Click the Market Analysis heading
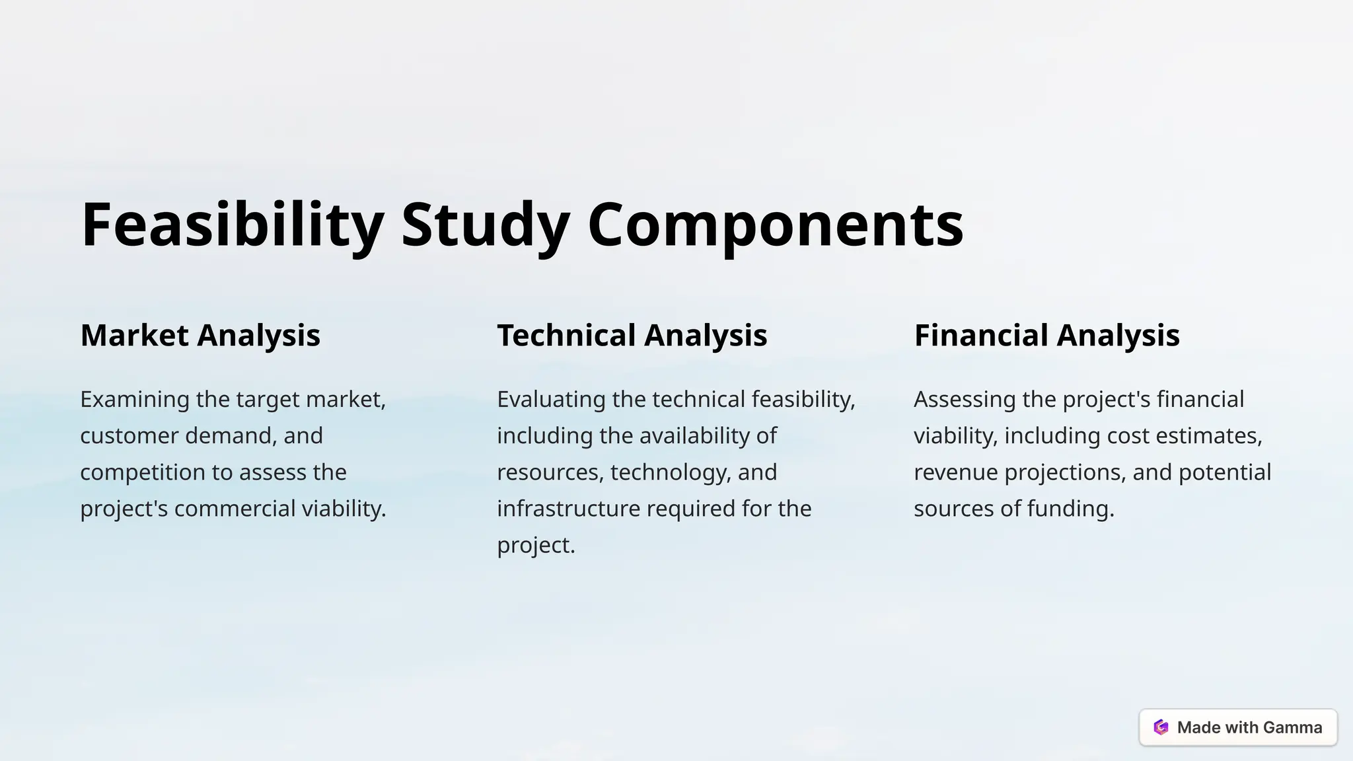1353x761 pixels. click(x=200, y=335)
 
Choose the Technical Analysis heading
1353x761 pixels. click(x=632, y=335)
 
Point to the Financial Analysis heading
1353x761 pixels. click(x=1046, y=335)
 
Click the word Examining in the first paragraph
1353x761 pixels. click(x=135, y=399)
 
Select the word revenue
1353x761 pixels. click(x=955, y=472)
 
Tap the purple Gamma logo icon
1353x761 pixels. click(x=1161, y=727)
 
